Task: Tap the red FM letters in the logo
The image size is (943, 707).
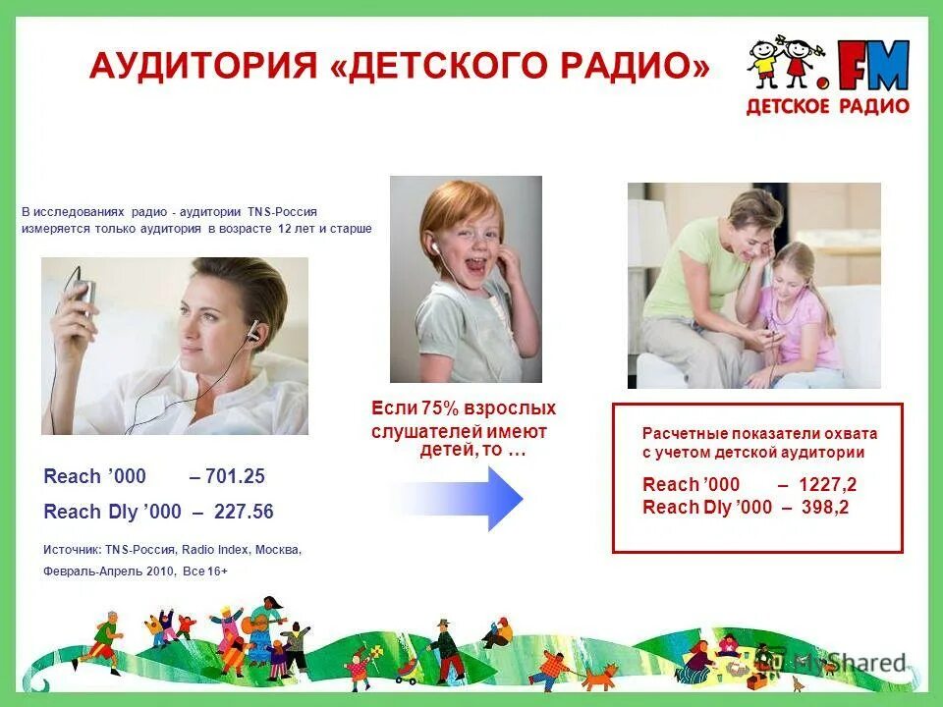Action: [x=873, y=67]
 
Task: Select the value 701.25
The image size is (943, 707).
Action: [x=235, y=477]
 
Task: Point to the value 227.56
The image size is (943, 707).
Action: [x=243, y=512]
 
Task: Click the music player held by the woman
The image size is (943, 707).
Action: [x=84, y=292]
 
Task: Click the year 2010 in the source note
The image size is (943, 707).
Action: [x=160, y=571]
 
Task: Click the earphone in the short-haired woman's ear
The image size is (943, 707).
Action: [x=252, y=331]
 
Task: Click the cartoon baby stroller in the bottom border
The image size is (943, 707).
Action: [x=406, y=671]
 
